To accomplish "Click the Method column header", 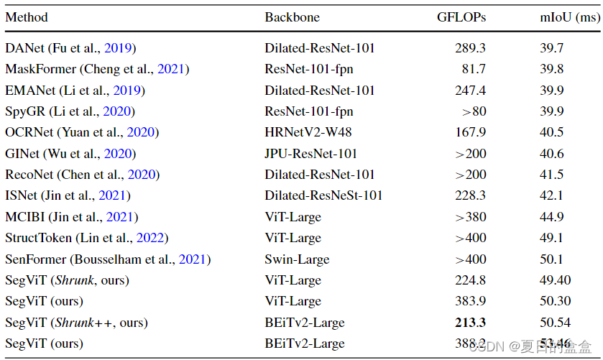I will [x=27, y=17].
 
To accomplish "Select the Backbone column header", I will [x=293, y=17].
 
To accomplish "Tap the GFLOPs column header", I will [x=461, y=17].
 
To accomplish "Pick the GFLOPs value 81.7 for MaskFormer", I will [x=473, y=69].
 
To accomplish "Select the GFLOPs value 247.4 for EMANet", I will [x=470, y=91].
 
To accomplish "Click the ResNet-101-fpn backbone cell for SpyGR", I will [x=309, y=111].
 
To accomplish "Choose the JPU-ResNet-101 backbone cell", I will [x=310, y=154].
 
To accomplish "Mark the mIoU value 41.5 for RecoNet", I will [x=552, y=175].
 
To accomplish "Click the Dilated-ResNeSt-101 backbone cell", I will [x=323, y=195].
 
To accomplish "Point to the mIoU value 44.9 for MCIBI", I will [x=552, y=217].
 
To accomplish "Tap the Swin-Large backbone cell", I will [x=297, y=259].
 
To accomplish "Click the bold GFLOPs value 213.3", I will [x=470, y=323].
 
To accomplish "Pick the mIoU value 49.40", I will [x=556, y=280].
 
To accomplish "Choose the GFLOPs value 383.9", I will [x=470, y=301].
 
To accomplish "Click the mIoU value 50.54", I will [x=556, y=323].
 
